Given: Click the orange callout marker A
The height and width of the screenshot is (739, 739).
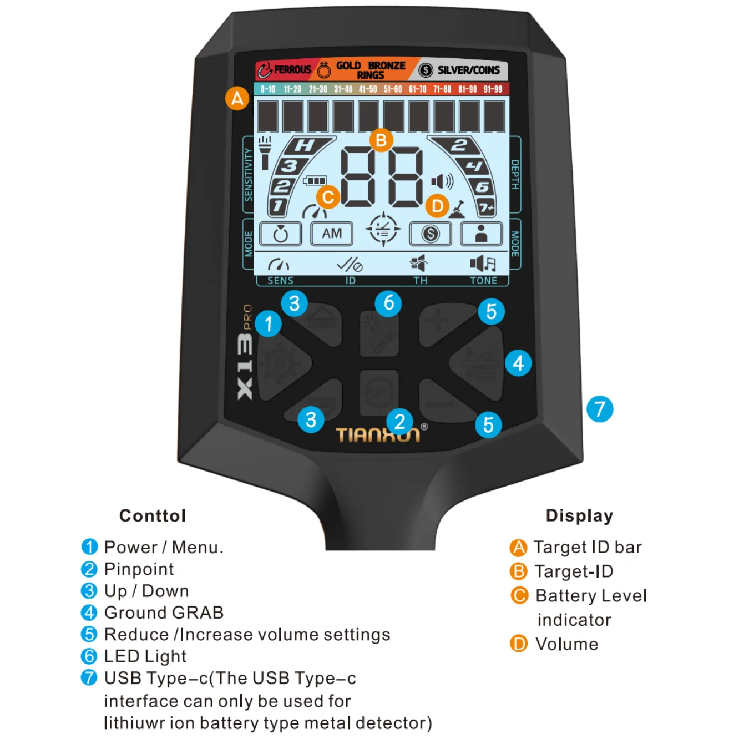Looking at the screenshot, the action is [x=237, y=99].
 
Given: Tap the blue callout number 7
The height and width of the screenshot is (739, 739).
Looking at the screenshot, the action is [x=600, y=409].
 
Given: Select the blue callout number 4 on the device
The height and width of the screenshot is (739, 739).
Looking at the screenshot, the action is [x=518, y=363].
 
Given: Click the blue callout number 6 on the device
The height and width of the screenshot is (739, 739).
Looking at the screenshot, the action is [x=388, y=303].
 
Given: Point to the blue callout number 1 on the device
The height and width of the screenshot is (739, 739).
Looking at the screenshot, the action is [x=269, y=323].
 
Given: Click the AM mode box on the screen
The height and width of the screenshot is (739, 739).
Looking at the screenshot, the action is [x=332, y=234].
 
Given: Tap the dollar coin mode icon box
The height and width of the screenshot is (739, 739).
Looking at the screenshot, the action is [x=430, y=234].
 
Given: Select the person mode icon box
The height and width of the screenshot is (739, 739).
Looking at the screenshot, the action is [x=481, y=234].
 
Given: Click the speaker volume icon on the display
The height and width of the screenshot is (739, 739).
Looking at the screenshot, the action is [x=442, y=181].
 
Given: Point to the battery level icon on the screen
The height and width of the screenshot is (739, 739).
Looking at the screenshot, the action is [x=315, y=181].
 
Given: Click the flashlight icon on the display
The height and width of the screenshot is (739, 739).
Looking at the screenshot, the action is [x=265, y=153].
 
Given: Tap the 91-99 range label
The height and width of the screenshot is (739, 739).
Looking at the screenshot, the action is [x=493, y=89].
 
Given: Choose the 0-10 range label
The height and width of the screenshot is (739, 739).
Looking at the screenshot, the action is [x=268, y=89].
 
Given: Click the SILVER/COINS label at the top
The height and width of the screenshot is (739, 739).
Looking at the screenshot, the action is [x=468, y=70].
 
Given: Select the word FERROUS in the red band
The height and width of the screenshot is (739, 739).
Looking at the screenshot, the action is [x=292, y=70].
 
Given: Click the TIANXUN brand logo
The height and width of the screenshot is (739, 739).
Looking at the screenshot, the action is [x=378, y=435].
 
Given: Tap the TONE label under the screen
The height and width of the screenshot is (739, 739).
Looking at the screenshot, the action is [x=483, y=281].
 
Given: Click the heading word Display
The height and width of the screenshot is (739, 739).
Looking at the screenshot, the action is [x=579, y=515].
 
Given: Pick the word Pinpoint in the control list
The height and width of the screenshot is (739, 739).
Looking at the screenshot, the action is [x=139, y=569].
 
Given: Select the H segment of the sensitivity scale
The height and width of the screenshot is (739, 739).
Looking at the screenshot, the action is [x=305, y=146].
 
